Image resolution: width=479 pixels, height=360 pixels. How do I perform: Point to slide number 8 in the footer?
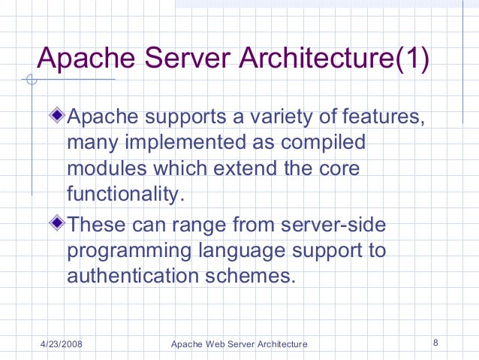point(435,343)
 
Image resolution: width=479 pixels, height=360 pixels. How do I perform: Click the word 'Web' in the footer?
point(212,344)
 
